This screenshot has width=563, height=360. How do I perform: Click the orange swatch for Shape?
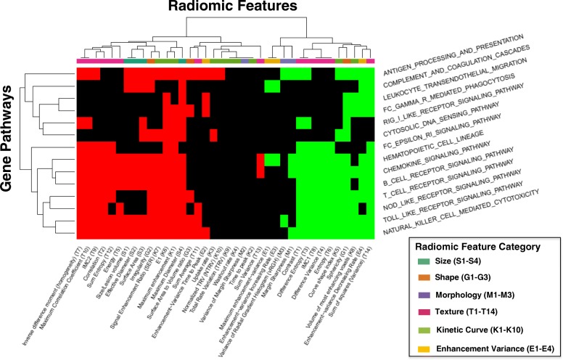423,279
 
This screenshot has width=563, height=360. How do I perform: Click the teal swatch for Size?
423,263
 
